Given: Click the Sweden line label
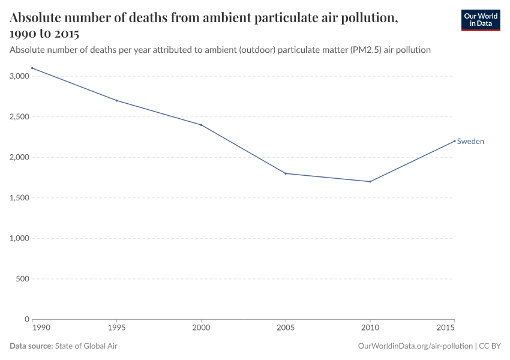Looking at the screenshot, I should (x=470, y=142).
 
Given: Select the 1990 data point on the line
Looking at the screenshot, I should (x=32, y=68).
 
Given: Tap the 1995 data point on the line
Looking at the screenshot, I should (x=116, y=100).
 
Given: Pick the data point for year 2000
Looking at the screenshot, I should (x=201, y=125).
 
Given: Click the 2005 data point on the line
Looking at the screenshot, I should (x=286, y=173).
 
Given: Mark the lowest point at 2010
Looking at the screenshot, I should (x=370, y=181).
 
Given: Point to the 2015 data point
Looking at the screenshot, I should (x=454, y=141).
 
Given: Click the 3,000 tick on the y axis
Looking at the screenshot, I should (x=19, y=76).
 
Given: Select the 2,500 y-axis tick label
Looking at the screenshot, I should (x=19, y=117).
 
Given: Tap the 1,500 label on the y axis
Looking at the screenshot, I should (x=19, y=198).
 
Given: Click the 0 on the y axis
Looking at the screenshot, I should (x=26, y=319).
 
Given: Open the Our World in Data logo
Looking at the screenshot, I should (x=480, y=20).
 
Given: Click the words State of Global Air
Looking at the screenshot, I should (x=86, y=346).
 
